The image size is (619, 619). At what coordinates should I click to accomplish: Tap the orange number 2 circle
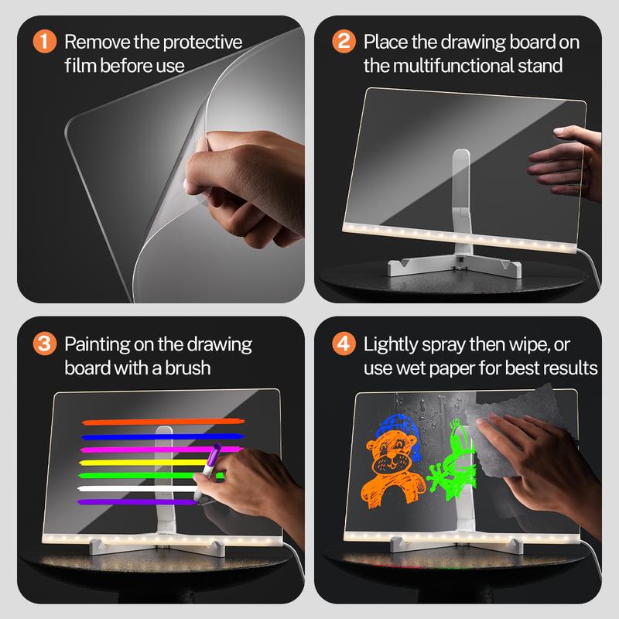pyautogui.click(x=344, y=41)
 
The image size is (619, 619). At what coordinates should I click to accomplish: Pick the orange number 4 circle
pyautogui.click(x=344, y=343)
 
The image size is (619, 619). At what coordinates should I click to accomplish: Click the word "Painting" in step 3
pyautogui.click(x=98, y=343)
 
